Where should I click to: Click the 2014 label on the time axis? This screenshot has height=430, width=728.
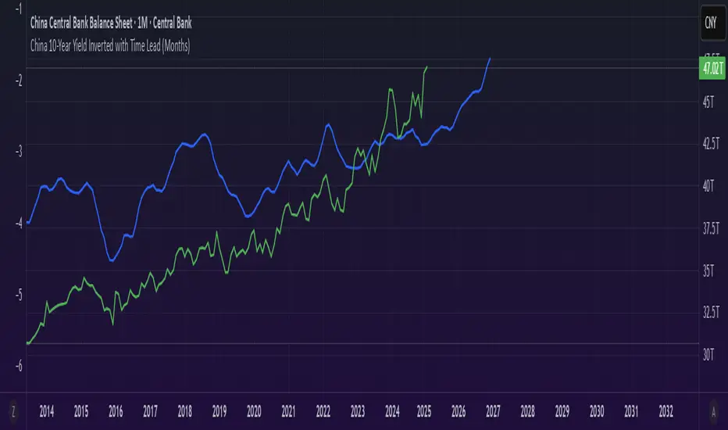pyautogui.click(x=47, y=410)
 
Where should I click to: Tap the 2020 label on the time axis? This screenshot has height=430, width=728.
pyautogui.click(x=254, y=410)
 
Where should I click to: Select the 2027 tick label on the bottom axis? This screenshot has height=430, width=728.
pyautogui.click(x=494, y=410)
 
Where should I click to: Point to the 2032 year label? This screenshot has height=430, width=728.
pyautogui.click(x=666, y=410)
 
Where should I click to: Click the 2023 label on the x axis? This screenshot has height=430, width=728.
pyautogui.click(x=358, y=410)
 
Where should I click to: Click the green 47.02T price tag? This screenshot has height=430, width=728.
pyautogui.click(x=711, y=69)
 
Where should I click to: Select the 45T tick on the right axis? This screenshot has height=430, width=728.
pyautogui.click(x=709, y=102)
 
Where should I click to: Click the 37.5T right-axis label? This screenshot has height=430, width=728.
pyautogui.click(x=712, y=228)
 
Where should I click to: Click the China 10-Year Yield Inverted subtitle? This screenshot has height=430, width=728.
pyautogui.click(x=110, y=46)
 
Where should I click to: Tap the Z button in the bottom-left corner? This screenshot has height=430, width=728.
pyautogui.click(x=12, y=410)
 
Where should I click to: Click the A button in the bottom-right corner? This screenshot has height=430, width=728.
pyautogui.click(x=712, y=410)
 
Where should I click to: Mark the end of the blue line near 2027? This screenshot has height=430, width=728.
pyautogui.click(x=491, y=58)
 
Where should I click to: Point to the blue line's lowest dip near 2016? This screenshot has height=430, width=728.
pyautogui.click(x=112, y=261)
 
